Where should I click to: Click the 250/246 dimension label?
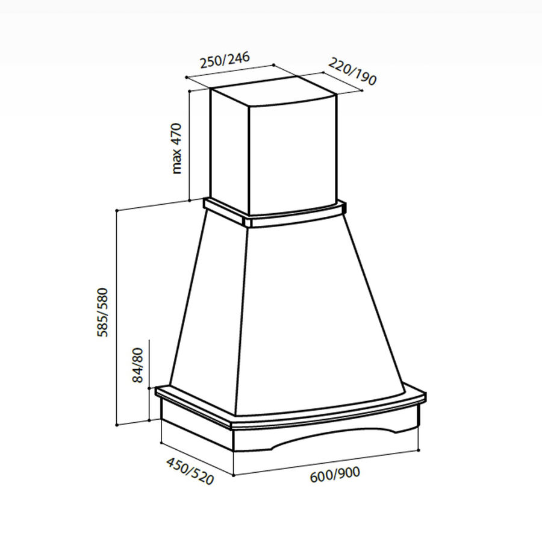coord(225,60)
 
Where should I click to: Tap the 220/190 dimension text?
coord(352,71)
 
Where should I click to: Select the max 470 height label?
coord(176,148)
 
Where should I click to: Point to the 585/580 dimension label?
coord(102,312)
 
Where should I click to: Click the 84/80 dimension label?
coord(137,365)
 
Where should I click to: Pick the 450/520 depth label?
coord(190,471)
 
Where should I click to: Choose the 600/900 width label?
coord(335,475)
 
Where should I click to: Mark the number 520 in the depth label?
coord(202,477)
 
